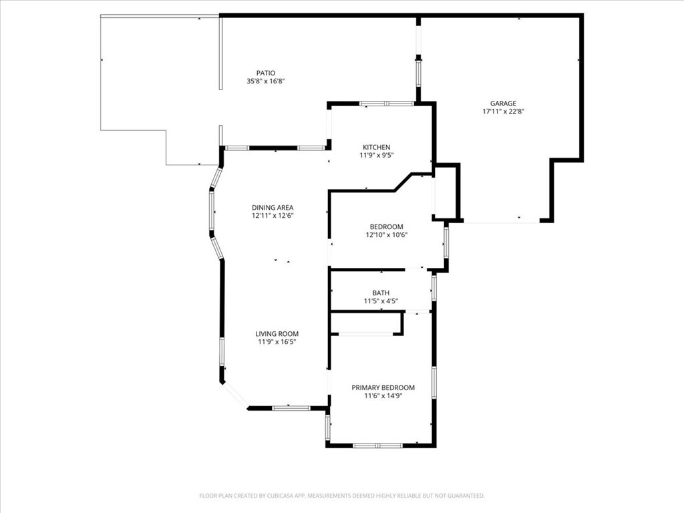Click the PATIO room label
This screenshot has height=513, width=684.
tap(266, 73)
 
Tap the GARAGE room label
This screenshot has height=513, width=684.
tap(503, 104)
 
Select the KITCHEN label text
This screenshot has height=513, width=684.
tap(377, 147)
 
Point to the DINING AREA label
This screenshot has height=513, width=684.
tap(273, 208)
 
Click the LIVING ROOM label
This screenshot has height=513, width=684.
tap(277, 334)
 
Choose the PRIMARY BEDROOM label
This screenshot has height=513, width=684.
tap(383, 387)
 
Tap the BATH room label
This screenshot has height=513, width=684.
tap(381, 293)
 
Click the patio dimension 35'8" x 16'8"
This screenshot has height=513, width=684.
tap(266, 81)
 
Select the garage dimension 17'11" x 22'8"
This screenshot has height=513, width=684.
tap(503, 112)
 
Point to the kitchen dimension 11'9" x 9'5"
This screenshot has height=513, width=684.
tap(377, 155)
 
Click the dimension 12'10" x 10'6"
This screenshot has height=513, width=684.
tap(387, 234)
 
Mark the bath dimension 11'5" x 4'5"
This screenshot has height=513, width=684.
tap(381, 301)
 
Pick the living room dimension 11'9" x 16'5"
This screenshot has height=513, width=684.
tap(277, 342)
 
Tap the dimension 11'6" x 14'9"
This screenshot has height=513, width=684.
tap(383, 395)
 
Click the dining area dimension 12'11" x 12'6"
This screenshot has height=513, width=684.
tap(273, 216)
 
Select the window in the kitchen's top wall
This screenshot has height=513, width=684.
tap(387, 104)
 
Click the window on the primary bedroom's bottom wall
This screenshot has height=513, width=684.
tap(378, 446)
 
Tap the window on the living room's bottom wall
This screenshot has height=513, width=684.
tap(291, 408)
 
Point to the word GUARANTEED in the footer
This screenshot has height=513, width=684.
tap(466, 496)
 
